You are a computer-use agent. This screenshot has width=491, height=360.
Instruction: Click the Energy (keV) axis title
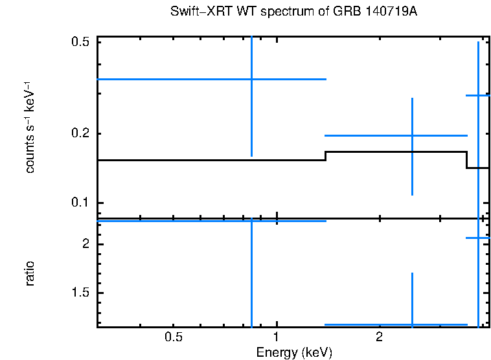[294, 353]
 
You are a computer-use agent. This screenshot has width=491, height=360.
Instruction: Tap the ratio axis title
[30, 273]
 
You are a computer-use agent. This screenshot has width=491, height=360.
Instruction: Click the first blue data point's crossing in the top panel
[251, 79]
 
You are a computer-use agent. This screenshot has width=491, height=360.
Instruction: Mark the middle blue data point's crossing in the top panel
[412, 135]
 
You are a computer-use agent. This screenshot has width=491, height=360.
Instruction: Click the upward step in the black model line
[325, 155]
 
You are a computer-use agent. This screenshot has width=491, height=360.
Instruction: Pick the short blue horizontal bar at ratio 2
[478, 238]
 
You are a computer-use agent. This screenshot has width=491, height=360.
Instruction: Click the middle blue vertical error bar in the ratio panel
[412, 298]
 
